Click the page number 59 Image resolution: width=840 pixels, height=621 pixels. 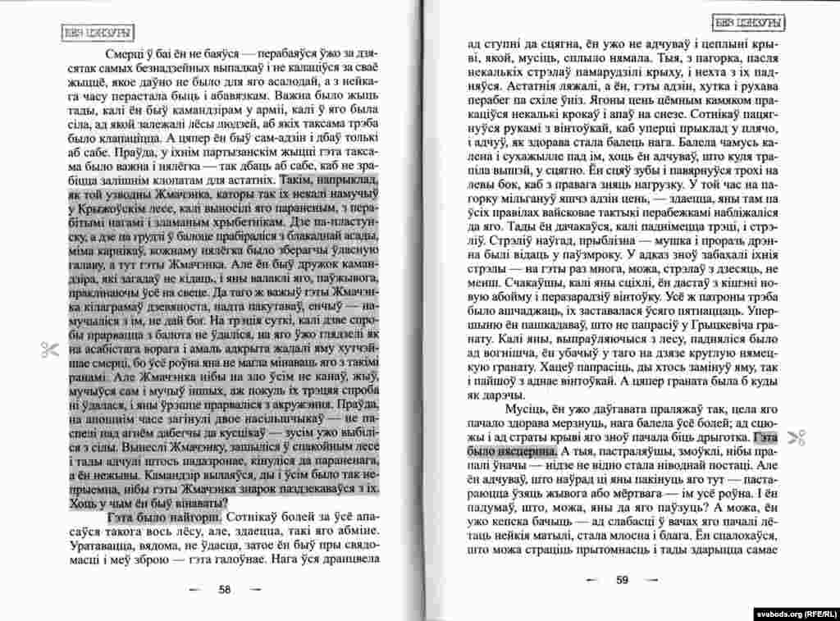coord(621,579)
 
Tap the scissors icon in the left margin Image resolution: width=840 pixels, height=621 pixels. coord(48,349)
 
